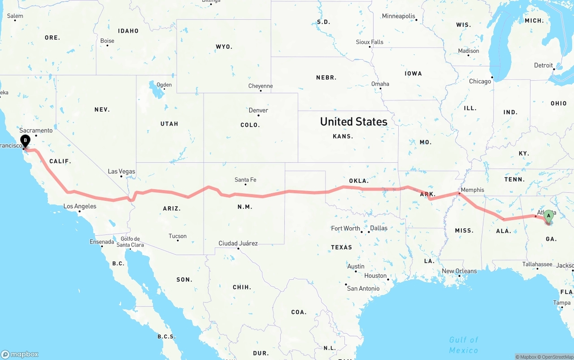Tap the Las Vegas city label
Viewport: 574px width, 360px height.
coord(122,171)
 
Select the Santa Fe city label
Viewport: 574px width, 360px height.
coord(245,180)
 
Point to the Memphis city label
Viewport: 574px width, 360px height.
coord(472,190)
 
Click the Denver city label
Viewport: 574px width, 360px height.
coord(258,110)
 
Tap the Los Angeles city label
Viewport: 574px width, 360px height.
coord(80,206)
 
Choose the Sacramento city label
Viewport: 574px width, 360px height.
coord(36,130)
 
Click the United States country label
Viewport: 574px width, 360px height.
coord(353,121)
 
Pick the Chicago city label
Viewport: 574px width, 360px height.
coord(480,82)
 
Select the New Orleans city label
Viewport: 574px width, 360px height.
coord(459,271)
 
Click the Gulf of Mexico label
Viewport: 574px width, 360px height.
coord(464,345)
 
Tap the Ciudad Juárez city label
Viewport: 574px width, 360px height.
coord(238,243)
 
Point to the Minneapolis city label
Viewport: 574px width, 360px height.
coord(399,16)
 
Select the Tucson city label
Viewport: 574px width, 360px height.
coord(178,236)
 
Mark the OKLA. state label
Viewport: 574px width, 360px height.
coord(359,181)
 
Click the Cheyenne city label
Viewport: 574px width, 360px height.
coord(261,86)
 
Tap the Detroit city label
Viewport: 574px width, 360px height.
coord(544,65)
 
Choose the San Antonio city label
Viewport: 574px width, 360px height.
coord(363,288)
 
